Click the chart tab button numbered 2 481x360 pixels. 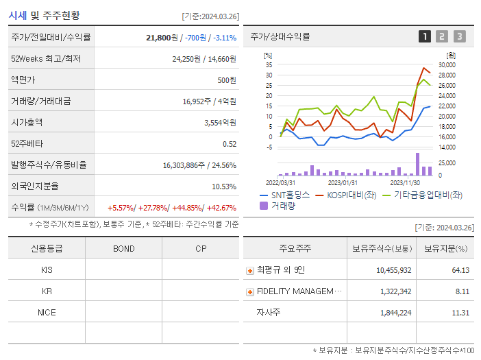(x=442, y=36)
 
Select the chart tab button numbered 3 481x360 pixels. (x=459, y=36)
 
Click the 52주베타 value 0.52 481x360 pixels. (x=230, y=144)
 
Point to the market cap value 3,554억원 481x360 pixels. (x=220, y=123)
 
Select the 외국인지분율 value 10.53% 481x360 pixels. (x=223, y=187)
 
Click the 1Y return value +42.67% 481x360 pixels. (x=220, y=208)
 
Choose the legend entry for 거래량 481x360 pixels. (x=282, y=205)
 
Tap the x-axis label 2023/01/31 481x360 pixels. (x=343, y=182)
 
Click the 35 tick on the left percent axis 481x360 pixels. (x=269, y=64)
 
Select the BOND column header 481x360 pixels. (x=124, y=248)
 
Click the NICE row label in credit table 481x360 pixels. (x=47, y=312)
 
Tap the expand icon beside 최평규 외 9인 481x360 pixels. (x=250, y=271)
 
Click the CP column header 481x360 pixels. (x=201, y=248)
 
